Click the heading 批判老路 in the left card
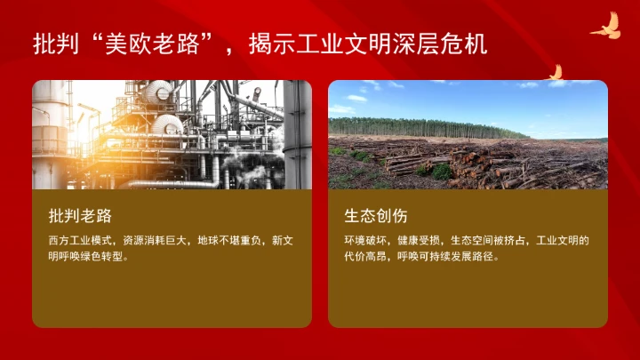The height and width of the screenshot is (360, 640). (80, 216)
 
